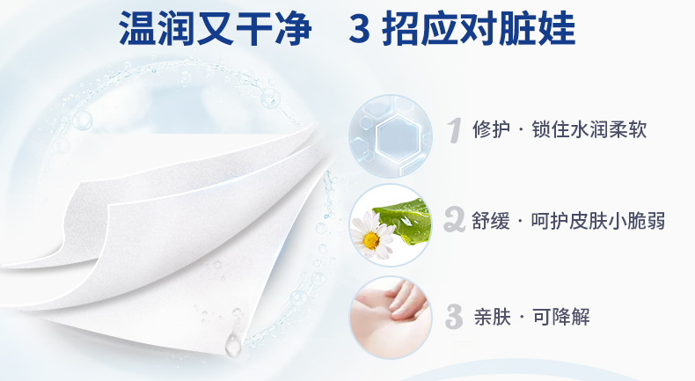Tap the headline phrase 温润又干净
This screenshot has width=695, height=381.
pyautogui.click(x=216, y=29)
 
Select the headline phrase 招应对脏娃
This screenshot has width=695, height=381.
pyautogui.click(x=479, y=29)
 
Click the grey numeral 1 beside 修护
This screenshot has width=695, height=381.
pyautogui.click(x=453, y=130)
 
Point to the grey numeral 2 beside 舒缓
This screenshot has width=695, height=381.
pyautogui.click(x=454, y=220)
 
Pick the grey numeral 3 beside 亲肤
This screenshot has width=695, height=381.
pyautogui.click(x=454, y=317)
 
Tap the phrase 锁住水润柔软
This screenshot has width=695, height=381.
pyautogui.click(x=589, y=129)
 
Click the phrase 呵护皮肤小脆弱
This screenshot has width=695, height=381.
pyautogui.click(x=598, y=221)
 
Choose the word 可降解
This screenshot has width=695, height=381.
pyautogui.click(x=561, y=317)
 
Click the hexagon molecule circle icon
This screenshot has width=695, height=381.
pyautogui.click(x=390, y=136)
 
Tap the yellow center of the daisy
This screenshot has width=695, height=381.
pyautogui.click(x=371, y=240)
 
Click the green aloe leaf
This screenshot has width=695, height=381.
pyautogui.click(x=406, y=220)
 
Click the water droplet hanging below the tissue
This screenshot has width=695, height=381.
pyautogui.click(x=233, y=345)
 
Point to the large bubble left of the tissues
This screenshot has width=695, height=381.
pyautogui.click(x=83, y=121)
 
